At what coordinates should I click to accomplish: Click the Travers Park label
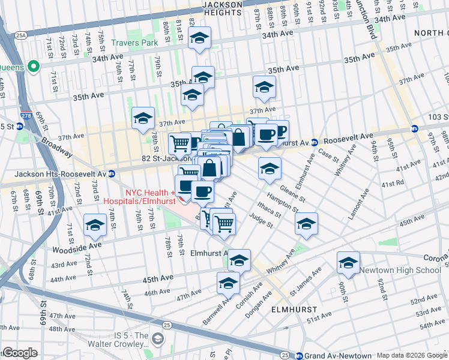coord(134,43)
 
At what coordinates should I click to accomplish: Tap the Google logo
coord(19,353)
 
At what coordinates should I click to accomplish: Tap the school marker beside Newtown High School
coord(348,262)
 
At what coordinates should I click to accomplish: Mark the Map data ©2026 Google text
coord(412,355)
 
